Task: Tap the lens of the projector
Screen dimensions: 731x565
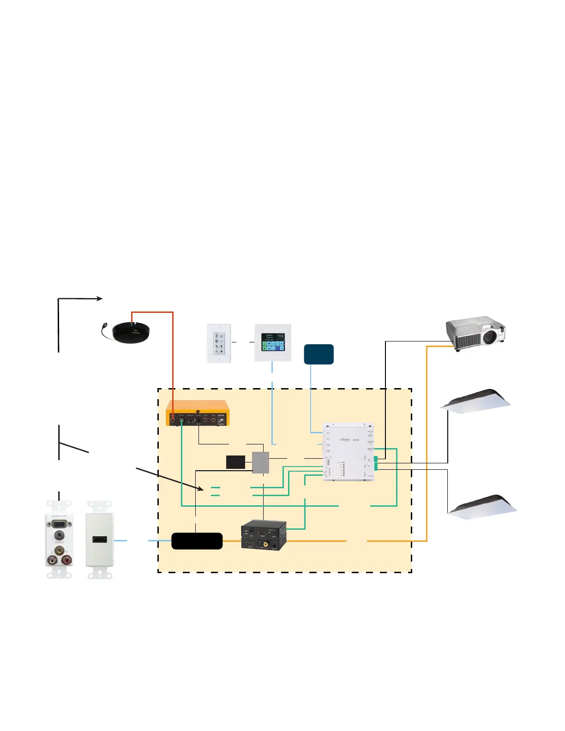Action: (x=490, y=338)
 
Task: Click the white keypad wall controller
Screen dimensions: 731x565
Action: (x=218, y=343)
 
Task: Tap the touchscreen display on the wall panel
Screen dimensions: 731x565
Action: (x=273, y=342)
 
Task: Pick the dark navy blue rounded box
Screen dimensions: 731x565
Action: (x=319, y=354)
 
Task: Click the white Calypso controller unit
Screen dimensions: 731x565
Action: (x=349, y=452)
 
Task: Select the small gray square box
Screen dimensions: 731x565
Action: (x=260, y=462)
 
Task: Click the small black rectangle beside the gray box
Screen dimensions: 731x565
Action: (x=235, y=462)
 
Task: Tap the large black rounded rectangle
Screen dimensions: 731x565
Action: (x=197, y=541)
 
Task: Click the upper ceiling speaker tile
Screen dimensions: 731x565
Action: (x=475, y=401)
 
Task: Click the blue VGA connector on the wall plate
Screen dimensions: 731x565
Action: (x=59, y=524)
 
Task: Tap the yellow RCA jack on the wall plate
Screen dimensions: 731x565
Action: (x=59, y=550)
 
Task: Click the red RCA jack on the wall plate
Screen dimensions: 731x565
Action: (x=67, y=560)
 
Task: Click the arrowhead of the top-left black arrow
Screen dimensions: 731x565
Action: (x=100, y=299)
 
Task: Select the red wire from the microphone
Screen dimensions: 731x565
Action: (x=173, y=351)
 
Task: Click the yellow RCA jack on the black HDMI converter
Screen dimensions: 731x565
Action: (x=266, y=544)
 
